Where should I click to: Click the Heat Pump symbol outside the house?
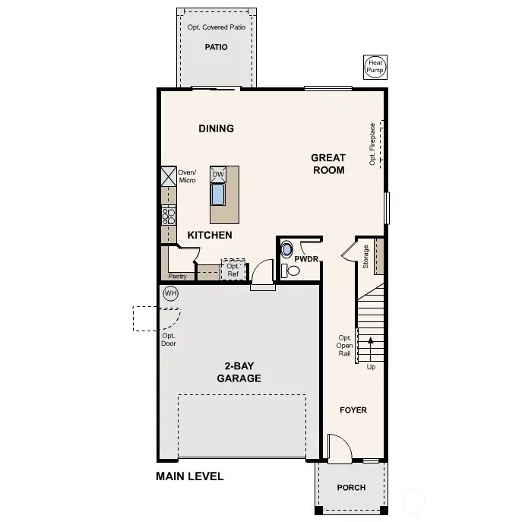(x=375, y=67)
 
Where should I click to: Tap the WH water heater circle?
(x=170, y=293)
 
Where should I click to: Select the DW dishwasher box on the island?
(x=218, y=174)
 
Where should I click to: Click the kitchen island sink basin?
(x=218, y=195)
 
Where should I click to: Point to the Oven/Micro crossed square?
(x=168, y=176)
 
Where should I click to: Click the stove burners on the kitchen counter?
(x=168, y=215)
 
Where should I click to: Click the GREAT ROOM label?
(x=327, y=164)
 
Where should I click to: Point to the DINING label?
(x=217, y=128)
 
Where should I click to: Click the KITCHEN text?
(x=210, y=236)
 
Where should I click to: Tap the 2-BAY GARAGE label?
(x=239, y=372)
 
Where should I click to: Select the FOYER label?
(x=353, y=410)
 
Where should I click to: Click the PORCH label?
(x=350, y=488)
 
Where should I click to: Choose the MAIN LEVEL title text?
(x=190, y=477)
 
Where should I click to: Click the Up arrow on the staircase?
(x=371, y=350)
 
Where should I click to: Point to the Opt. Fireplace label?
(x=372, y=144)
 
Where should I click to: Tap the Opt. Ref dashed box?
(x=233, y=270)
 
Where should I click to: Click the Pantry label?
(x=178, y=277)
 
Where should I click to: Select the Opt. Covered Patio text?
(x=217, y=27)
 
